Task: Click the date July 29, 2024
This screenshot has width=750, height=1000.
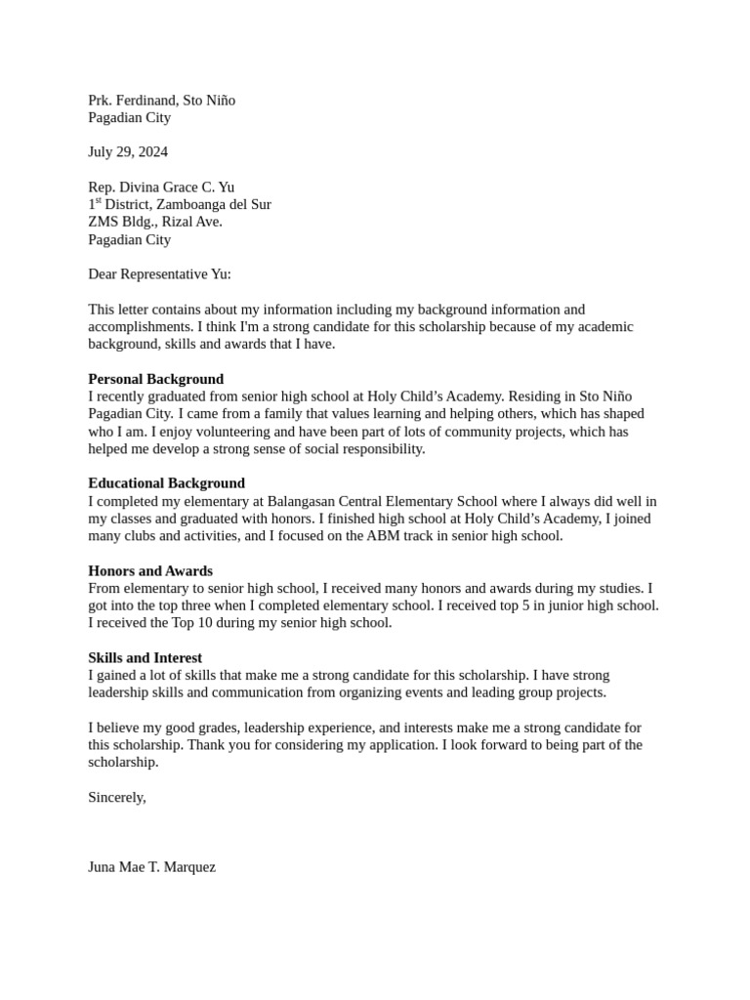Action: (128, 152)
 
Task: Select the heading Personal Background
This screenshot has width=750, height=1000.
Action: (156, 379)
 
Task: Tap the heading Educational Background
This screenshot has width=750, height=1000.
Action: (167, 483)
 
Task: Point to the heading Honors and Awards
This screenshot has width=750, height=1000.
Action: (150, 570)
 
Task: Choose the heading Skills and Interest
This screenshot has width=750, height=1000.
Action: (146, 658)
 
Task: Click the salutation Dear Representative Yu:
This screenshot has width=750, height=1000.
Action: (160, 274)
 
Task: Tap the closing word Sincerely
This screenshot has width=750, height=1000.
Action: (117, 798)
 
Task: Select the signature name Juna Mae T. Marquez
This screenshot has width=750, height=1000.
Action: (152, 867)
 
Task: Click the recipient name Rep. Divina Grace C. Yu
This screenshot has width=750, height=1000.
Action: (161, 187)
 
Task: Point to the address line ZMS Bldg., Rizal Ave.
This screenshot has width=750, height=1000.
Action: (155, 222)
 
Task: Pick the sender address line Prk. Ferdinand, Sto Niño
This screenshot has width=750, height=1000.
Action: (162, 101)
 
